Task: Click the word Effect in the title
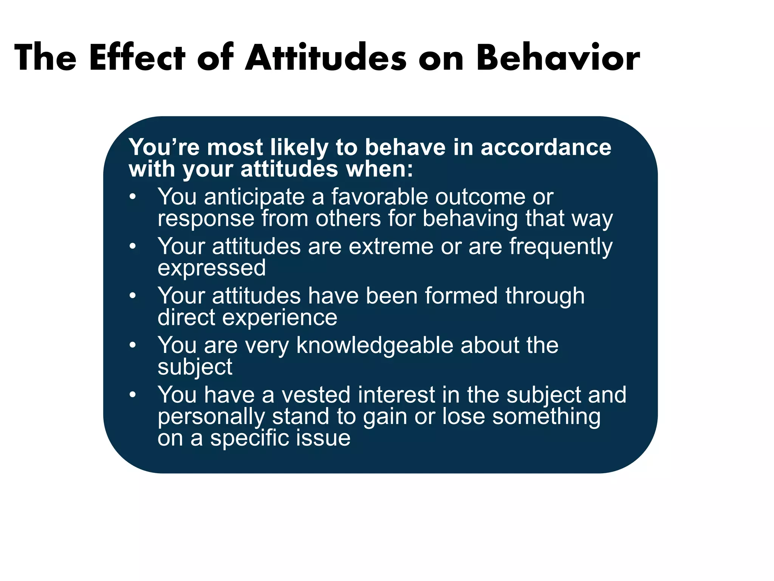pyautogui.click(x=137, y=57)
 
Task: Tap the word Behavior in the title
pyautogui.click(x=558, y=57)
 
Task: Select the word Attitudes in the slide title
pyautogui.click(x=326, y=57)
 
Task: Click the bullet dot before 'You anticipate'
pyautogui.click(x=132, y=197)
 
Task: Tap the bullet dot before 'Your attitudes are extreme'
pyautogui.click(x=132, y=247)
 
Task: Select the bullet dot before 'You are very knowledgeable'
pyautogui.click(x=132, y=345)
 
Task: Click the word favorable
pyautogui.click(x=380, y=197)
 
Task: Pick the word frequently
pyautogui.click(x=561, y=247)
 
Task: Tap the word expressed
pyautogui.click(x=212, y=268)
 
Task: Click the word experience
pyautogui.click(x=279, y=317)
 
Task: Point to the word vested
pyautogui.click(x=316, y=395)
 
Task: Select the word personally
pyautogui.click(x=211, y=416)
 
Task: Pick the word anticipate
pyautogui.click(x=254, y=197)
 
